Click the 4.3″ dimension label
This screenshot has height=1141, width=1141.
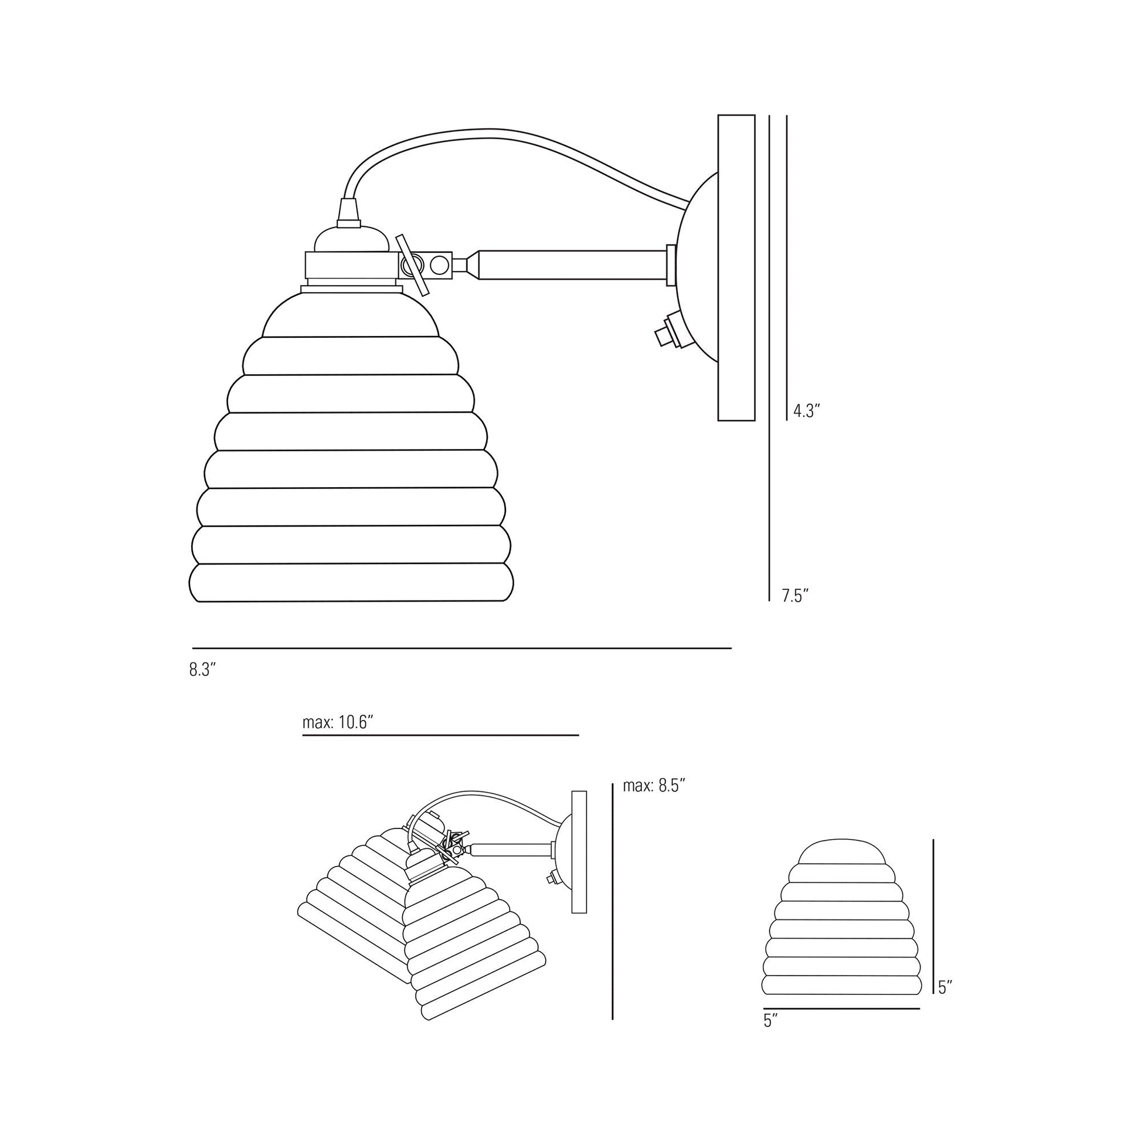tap(807, 411)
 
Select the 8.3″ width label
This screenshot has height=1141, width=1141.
tap(202, 670)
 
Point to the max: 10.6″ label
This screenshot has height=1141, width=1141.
tap(338, 722)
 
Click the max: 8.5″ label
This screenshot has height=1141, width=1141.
tap(654, 786)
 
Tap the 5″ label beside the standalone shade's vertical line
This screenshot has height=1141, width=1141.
tap(946, 987)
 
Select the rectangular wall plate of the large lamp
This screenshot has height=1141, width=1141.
tap(736, 267)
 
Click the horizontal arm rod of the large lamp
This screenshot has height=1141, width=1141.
tap(573, 266)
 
